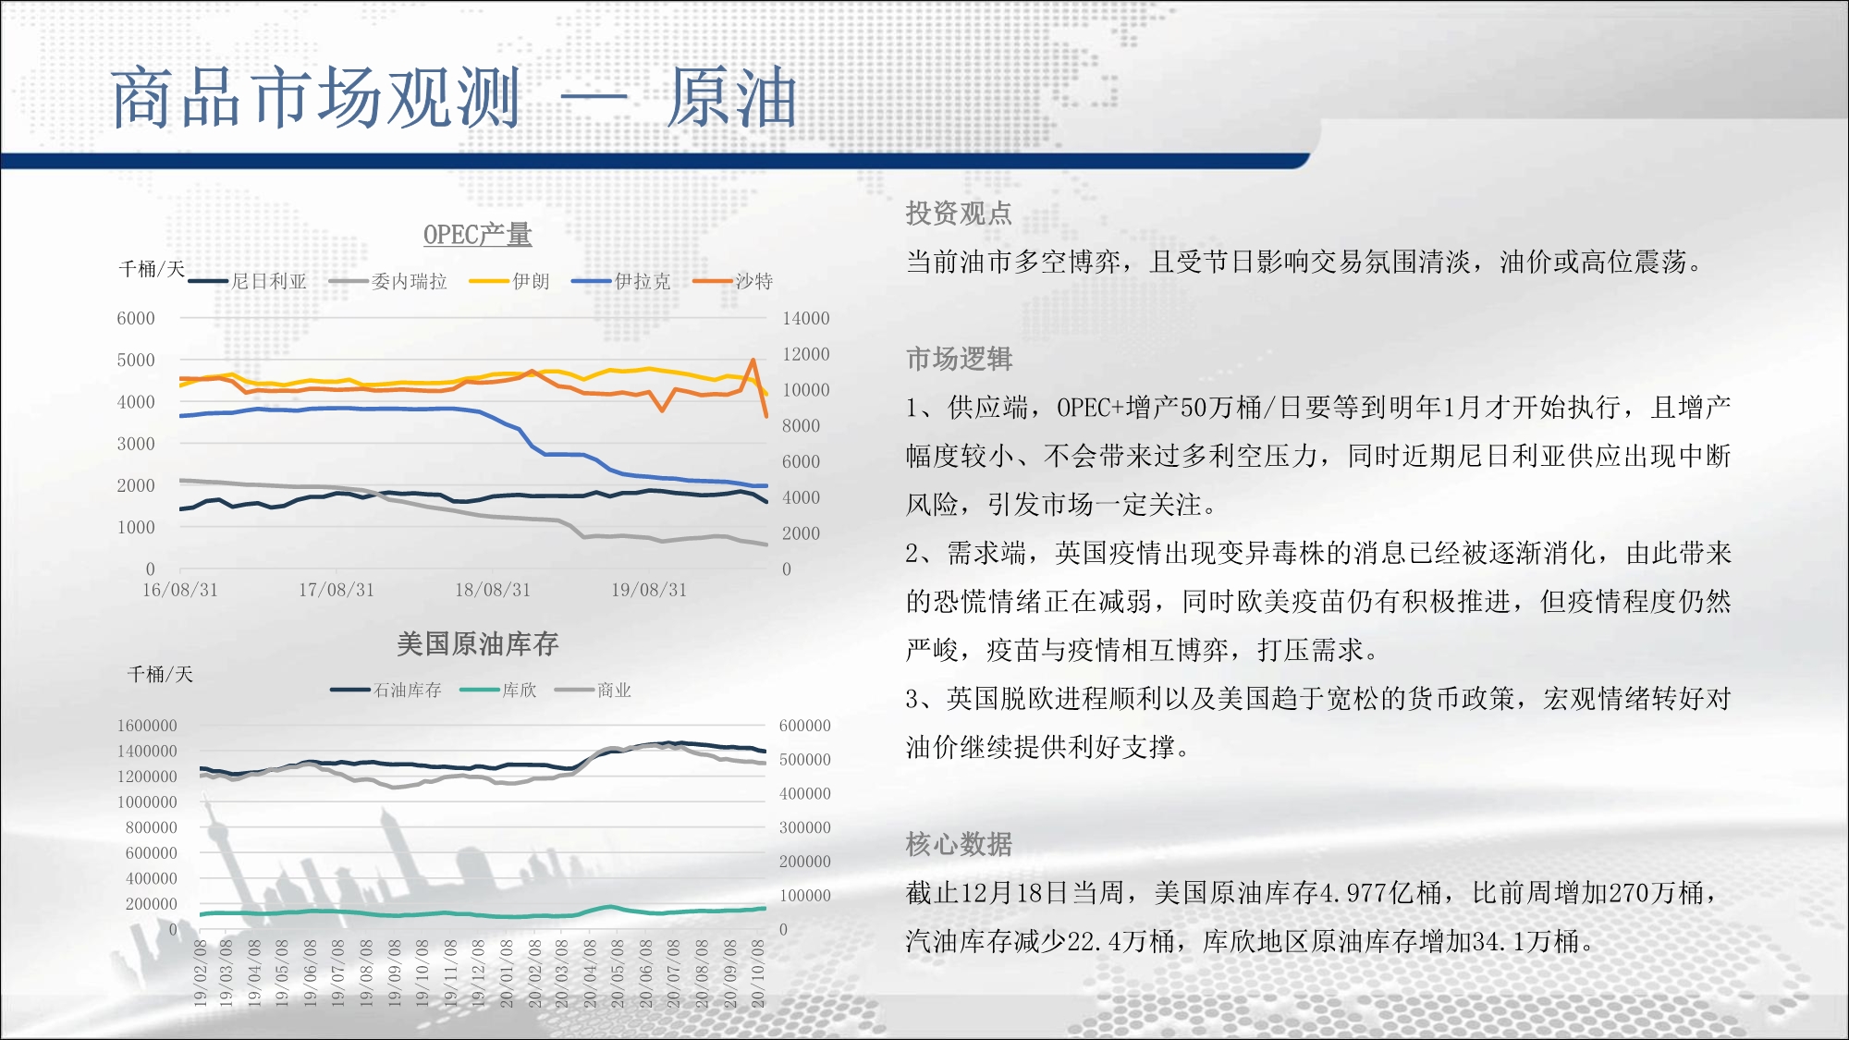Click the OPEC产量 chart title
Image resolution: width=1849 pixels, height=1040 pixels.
click(x=477, y=235)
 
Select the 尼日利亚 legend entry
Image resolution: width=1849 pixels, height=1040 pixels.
click(x=248, y=281)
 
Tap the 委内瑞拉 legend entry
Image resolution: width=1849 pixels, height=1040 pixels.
click(x=388, y=281)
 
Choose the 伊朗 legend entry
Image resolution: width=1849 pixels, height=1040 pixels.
click(x=509, y=281)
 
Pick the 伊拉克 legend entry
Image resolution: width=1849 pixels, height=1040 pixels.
click(x=621, y=281)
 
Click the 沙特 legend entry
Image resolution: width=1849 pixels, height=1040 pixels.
click(x=733, y=281)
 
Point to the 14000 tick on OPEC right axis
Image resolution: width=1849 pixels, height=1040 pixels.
click(x=806, y=318)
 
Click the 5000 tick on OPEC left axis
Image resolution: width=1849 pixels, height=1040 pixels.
click(x=136, y=360)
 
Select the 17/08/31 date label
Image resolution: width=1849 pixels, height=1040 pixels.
click(x=337, y=590)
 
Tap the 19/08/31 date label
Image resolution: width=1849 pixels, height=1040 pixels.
click(x=649, y=590)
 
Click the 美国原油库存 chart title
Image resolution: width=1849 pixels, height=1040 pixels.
click(x=477, y=643)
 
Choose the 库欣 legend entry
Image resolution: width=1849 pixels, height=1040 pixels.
click(x=498, y=690)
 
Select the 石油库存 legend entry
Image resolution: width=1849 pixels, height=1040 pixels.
click(x=386, y=690)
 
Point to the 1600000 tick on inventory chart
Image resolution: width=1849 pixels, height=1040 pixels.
click(x=147, y=726)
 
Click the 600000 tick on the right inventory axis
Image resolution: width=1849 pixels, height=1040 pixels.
click(x=805, y=726)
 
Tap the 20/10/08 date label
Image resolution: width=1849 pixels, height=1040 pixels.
click(x=758, y=973)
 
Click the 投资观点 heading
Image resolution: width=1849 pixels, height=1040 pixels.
click(x=959, y=214)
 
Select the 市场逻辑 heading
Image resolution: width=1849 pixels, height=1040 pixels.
click(x=959, y=359)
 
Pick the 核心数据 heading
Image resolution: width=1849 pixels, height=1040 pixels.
click(x=959, y=844)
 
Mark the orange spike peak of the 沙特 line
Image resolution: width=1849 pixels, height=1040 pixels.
click(x=753, y=360)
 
